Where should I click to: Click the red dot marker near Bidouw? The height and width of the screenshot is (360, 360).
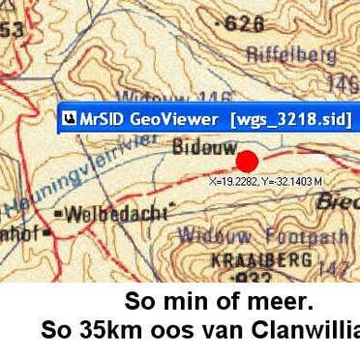point(248,163)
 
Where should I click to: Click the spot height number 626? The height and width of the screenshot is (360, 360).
point(243,22)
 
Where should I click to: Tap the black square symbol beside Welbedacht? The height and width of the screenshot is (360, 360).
point(59,211)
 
